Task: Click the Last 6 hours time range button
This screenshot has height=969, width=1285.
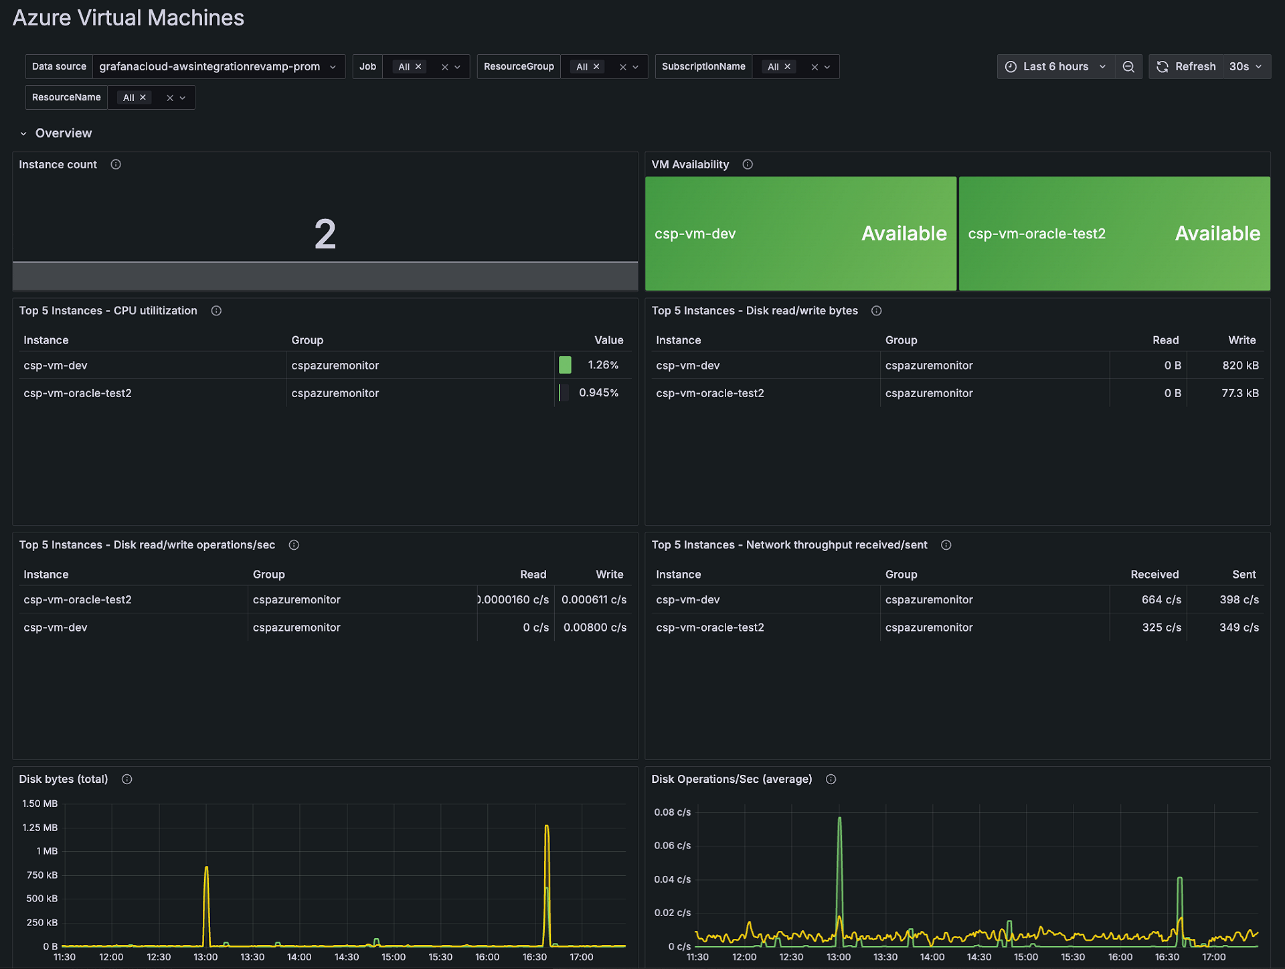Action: click(x=1055, y=67)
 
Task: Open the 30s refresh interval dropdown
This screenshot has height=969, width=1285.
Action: click(x=1246, y=67)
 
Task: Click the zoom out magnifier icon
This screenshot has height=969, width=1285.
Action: click(x=1128, y=67)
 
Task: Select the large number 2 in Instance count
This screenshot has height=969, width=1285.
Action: click(x=325, y=234)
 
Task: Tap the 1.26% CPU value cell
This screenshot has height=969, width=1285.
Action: click(x=602, y=365)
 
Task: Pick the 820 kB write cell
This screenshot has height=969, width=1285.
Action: click(x=1240, y=366)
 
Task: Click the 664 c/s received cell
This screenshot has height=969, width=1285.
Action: click(x=1161, y=600)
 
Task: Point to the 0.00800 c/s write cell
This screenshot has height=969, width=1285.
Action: click(x=594, y=627)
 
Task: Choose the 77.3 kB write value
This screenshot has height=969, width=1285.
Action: click(x=1239, y=393)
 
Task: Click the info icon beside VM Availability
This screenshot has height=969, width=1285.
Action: click(x=748, y=165)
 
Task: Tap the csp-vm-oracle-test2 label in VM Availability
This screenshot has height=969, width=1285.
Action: click(x=1036, y=234)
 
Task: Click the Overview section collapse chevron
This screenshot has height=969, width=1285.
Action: click(x=23, y=134)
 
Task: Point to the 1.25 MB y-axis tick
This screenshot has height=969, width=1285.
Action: click(x=40, y=828)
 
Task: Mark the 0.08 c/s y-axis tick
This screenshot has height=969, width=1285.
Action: click(x=672, y=812)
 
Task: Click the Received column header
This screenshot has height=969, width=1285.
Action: click(x=1154, y=575)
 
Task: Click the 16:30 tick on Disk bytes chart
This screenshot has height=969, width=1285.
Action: click(x=534, y=957)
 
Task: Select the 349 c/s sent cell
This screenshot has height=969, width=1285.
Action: click(x=1238, y=627)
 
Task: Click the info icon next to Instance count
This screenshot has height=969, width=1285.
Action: click(x=116, y=165)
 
